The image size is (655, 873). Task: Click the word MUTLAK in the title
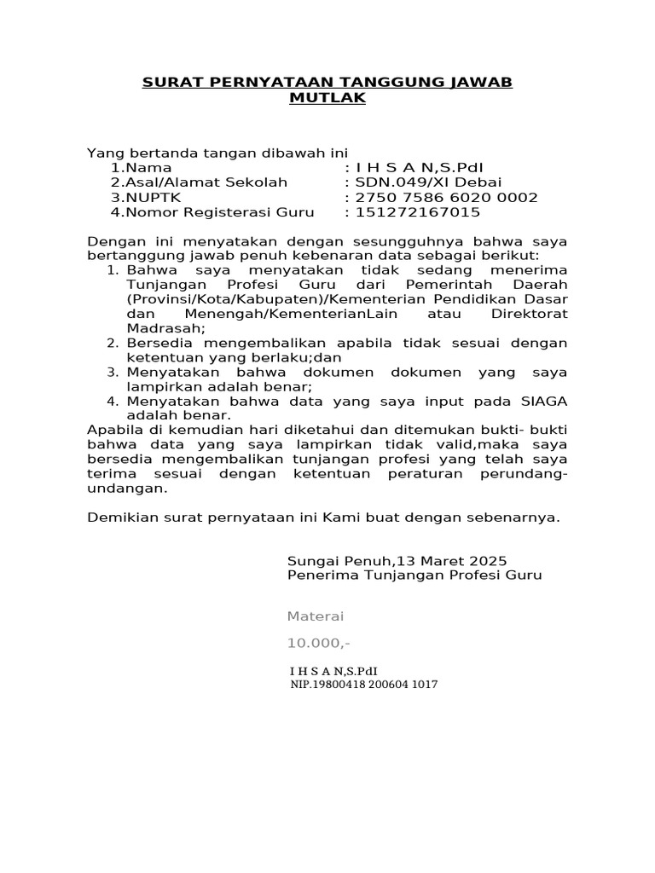[327, 98]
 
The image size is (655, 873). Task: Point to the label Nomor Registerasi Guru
[212, 212]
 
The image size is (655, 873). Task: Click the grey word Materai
[316, 616]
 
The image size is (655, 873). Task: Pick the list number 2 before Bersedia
[112, 343]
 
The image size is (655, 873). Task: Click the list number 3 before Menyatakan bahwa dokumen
[112, 373]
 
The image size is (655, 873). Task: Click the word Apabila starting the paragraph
[117, 430]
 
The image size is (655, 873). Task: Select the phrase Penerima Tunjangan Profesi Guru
[414, 575]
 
